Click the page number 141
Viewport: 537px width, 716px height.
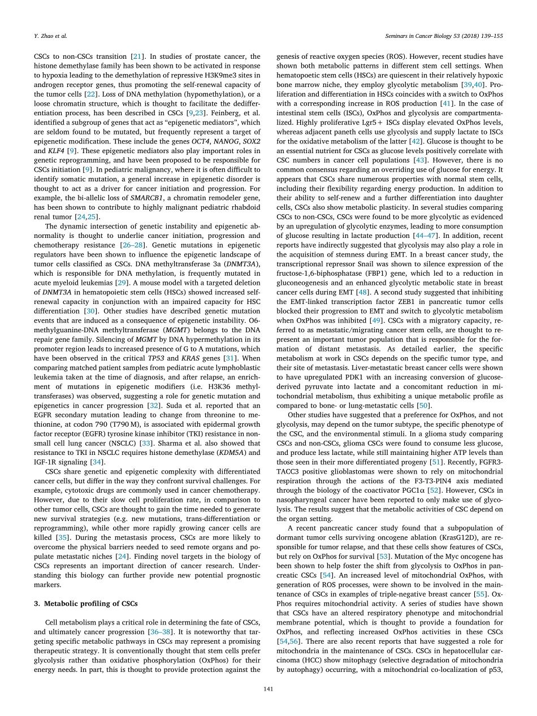point(268,689)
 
